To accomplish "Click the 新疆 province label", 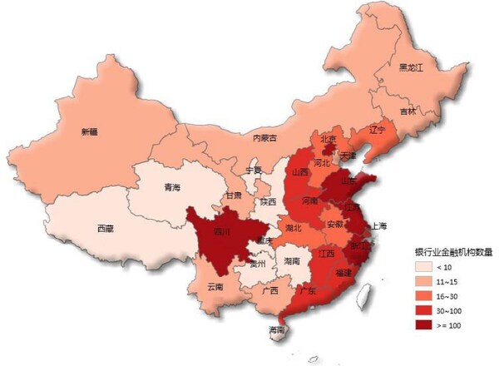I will click(90, 131).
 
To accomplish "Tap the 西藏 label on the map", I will click(106, 228).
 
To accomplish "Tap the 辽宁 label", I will click(377, 130).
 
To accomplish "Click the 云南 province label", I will click(215, 286).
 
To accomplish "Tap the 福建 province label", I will click(343, 273).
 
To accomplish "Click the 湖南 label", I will click(291, 260).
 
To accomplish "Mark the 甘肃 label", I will click(233, 195).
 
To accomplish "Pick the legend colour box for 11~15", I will click(425, 281).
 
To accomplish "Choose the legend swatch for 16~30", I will click(425, 295).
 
